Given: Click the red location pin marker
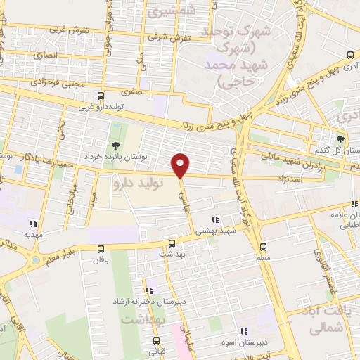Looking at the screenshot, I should tap(181, 165).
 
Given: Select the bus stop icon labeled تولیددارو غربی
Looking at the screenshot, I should tap(101, 95).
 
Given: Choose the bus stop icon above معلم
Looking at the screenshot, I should tap(263, 247).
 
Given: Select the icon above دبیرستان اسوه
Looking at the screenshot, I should tap(244, 331).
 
